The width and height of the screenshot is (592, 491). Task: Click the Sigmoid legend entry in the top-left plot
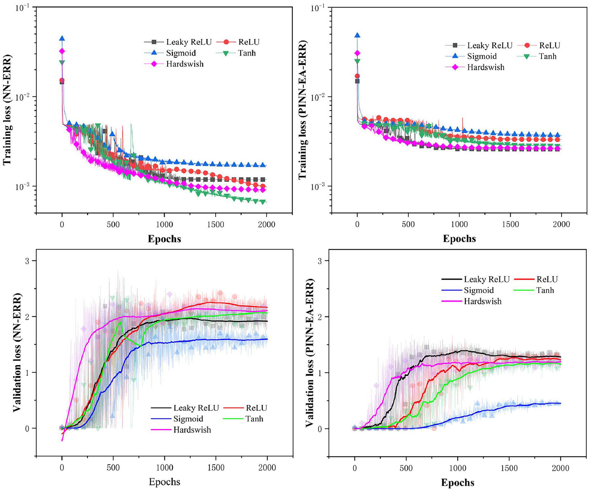point(181,53)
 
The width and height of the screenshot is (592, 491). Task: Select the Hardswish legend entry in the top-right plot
point(486,67)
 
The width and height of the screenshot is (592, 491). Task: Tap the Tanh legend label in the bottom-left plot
point(254,419)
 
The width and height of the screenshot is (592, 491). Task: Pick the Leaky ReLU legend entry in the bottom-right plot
point(486,279)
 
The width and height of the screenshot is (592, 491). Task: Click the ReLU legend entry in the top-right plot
point(549,45)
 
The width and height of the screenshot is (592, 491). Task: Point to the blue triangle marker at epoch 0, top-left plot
point(62,38)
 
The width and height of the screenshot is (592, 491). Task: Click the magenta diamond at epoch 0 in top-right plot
point(357,53)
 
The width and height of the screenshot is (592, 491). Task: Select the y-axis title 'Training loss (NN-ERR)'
point(8,110)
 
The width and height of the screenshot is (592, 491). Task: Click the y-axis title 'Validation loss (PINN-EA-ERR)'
point(310,353)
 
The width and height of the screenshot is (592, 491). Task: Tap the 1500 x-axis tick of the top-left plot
point(216,225)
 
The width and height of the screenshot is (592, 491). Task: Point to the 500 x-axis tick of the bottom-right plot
point(406,468)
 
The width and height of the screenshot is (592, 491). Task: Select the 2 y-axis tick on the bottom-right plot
point(319,317)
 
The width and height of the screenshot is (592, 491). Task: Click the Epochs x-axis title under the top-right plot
point(459,238)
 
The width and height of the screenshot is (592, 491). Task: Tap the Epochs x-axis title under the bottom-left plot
point(164,482)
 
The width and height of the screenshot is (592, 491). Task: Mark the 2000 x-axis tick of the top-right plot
point(561,225)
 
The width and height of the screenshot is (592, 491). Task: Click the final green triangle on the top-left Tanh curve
point(263,202)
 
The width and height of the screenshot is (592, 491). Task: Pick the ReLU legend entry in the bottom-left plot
point(256,408)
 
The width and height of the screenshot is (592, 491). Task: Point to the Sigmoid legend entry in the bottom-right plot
point(479,290)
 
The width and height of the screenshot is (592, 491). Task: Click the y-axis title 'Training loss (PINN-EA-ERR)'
point(303,110)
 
